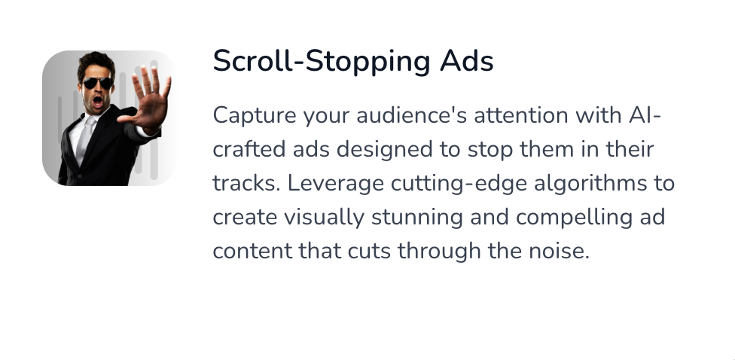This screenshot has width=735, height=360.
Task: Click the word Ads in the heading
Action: [466, 61]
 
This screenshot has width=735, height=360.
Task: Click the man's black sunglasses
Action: [98, 84]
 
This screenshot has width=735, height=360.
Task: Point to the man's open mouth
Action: [98, 101]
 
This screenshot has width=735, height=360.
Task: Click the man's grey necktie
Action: [84, 139]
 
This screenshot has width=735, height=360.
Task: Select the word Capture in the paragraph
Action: [255, 116]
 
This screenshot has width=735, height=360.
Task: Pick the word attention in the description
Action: [521, 115]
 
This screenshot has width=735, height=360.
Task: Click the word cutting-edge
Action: [459, 184]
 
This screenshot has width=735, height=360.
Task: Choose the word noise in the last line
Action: [559, 252]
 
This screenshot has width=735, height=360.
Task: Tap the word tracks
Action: [246, 184]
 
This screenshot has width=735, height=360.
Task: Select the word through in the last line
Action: [439, 252]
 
